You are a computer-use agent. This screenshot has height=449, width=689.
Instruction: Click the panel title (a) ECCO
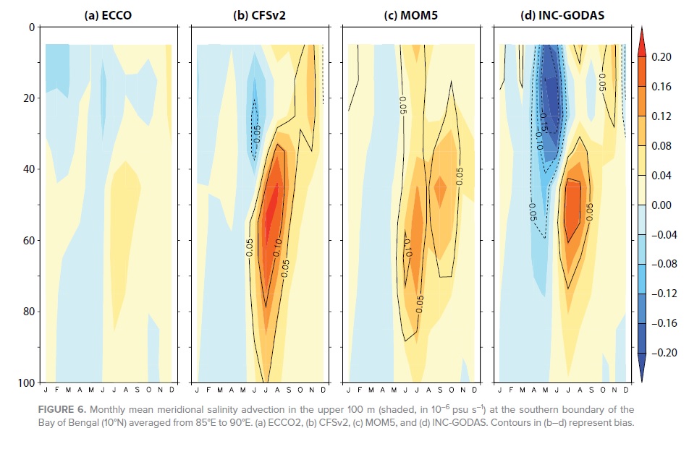[x=108, y=15]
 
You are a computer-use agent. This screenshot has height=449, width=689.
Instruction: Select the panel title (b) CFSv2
[x=259, y=15]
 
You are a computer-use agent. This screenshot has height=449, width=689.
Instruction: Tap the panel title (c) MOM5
[x=411, y=15]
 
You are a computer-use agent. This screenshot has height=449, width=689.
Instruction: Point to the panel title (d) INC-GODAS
[x=562, y=15]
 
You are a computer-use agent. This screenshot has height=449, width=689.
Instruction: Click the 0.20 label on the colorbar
[x=661, y=57]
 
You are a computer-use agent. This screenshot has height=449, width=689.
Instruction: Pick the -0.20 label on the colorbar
[x=664, y=353]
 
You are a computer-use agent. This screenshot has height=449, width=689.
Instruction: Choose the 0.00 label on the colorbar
[x=661, y=205]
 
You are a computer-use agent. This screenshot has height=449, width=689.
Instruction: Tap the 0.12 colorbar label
[x=661, y=116]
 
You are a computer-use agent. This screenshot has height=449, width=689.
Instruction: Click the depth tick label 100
[x=26, y=382]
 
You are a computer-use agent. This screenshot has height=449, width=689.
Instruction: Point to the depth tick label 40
[x=29, y=169]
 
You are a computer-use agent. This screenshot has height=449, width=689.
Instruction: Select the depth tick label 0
[x=32, y=27]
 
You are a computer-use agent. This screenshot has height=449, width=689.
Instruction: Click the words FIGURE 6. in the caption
[x=62, y=409]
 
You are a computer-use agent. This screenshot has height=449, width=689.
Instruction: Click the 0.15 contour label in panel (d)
[x=544, y=122]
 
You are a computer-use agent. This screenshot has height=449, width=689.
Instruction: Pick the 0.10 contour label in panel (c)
[x=407, y=247]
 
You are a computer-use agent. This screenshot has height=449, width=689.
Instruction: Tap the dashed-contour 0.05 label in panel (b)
[x=257, y=134]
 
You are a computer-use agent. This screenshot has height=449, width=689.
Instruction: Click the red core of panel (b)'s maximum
[x=271, y=210]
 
